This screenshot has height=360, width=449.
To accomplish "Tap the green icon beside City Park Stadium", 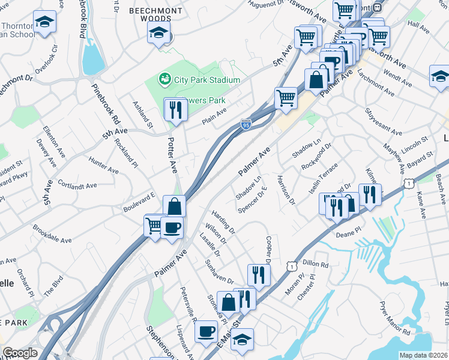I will (164, 79).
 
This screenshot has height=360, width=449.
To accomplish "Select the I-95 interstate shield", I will (246, 124).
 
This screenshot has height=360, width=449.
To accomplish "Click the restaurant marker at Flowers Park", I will (175, 109).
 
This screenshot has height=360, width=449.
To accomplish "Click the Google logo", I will (20, 353).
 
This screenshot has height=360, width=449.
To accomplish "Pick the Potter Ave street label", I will (173, 155).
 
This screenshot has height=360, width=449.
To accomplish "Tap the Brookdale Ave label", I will (52, 235).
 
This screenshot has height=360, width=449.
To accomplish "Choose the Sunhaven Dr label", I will (218, 272).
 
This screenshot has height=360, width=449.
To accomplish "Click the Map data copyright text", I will (424, 355).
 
